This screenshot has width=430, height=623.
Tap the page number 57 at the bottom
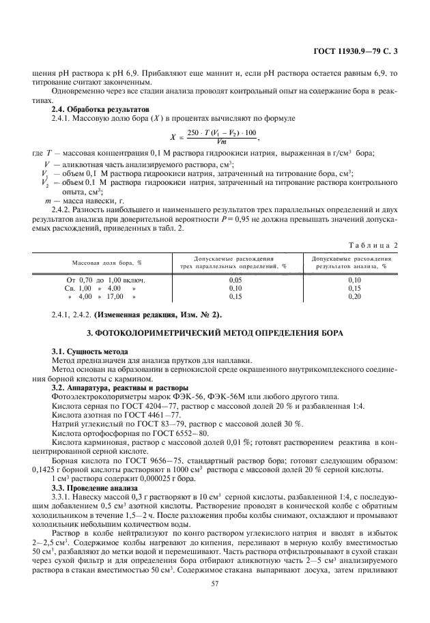click(215, 583)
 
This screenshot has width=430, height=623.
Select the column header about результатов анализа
click(354, 263)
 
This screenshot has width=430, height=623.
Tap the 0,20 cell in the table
click(354, 297)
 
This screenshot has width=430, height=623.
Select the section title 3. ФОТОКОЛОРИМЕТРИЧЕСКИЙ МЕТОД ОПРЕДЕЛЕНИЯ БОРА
click(215, 332)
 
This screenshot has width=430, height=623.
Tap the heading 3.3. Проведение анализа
click(90, 489)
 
